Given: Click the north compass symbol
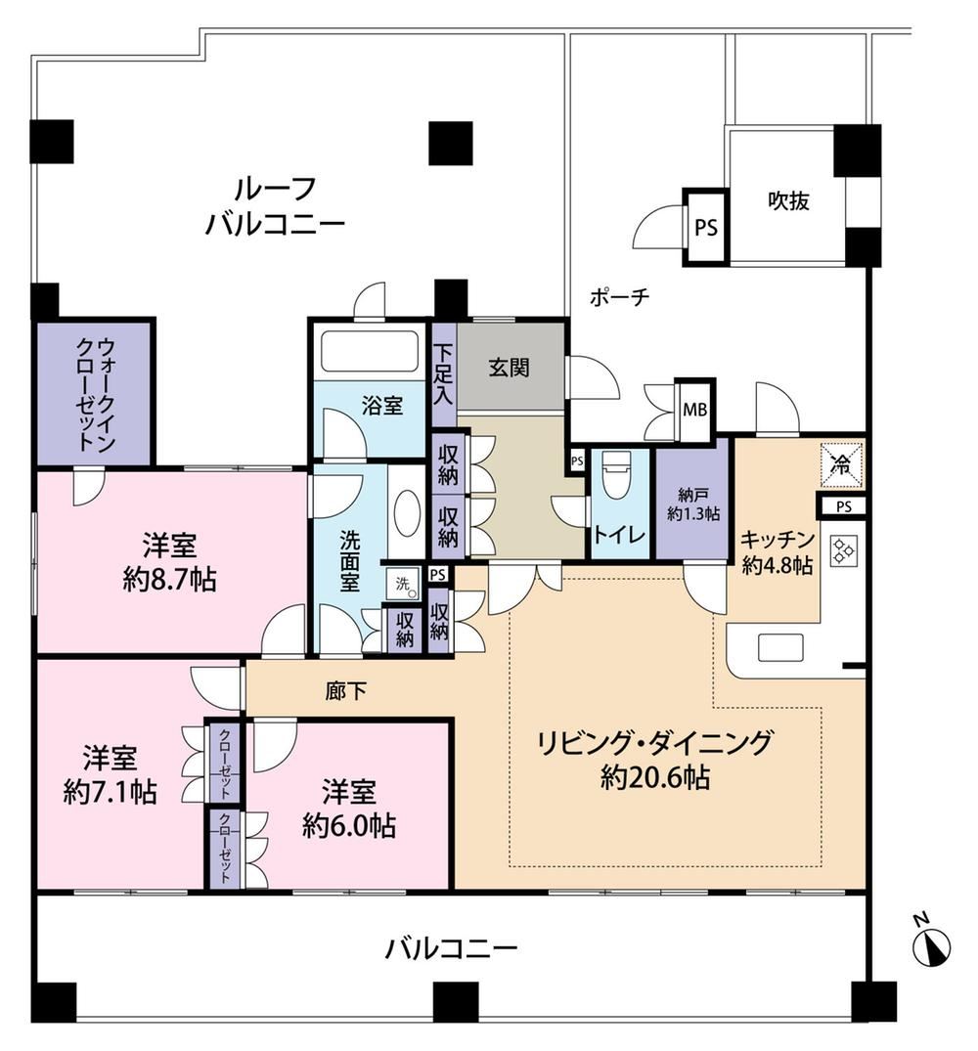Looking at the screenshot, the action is pos(931,941).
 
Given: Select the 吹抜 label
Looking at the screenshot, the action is pos(788,200).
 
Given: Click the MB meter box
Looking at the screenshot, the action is pos(695,411).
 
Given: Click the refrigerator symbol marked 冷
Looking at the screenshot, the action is pos(841,463).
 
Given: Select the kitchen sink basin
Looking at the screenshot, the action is pos(780,647).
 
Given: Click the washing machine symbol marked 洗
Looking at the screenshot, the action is pos(403,584).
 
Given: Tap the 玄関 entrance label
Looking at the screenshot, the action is pos(509,368).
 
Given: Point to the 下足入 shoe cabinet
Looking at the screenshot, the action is pos(442,374).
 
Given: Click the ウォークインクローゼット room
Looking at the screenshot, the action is pos(95,393).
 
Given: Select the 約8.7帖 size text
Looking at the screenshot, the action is pos(169,580).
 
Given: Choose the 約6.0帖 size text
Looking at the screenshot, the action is pos(348,826).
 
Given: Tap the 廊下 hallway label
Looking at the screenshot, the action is pos(346,691).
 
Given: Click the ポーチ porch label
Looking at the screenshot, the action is pos(619,297).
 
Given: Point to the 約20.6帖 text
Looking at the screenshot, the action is pos(655,777).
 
